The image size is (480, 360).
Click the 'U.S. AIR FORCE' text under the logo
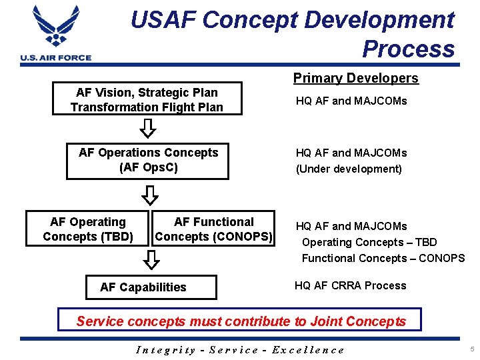pyautogui.click(x=56, y=58)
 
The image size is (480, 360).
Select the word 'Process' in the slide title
pyautogui.click(x=408, y=49)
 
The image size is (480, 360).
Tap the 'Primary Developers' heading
pyautogui.click(x=356, y=78)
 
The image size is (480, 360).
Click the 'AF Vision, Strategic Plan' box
pyautogui.click(x=147, y=99)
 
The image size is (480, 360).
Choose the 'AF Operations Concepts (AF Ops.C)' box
pyautogui.click(x=148, y=161)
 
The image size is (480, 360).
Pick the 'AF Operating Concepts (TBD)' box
pyautogui.click(x=88, y=229)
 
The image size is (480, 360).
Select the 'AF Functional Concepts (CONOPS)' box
pyautogui.click(x=213, y=229)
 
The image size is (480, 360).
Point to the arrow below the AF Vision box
pyautogui.click(x=150, y=127)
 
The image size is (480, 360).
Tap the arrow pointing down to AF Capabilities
pyautogui.click(x=152, y=259)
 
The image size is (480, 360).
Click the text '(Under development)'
pyautogui.click(x=349, y=169)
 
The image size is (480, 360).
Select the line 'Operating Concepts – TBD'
pyautogui.click(x=369, y=242)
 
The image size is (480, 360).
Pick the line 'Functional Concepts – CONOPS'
pyautogui.click(x=383, y=258)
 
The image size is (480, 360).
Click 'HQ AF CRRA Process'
pyautogui.click(x=350, y=285)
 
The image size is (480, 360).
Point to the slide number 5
pyautogui.click(x=471, y=349)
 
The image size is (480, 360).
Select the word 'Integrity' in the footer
pyautogui.click(x=165, y=349)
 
